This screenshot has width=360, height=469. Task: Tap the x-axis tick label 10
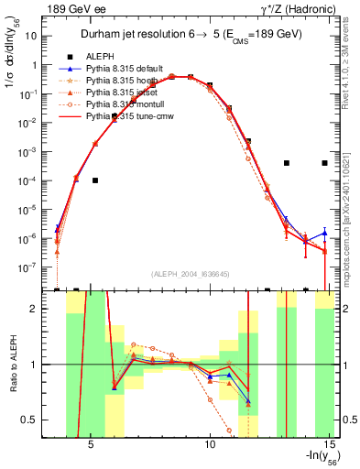click(210, 448)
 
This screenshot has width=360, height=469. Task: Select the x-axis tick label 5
click(91, 448)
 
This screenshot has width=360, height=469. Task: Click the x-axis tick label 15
click(329, 448)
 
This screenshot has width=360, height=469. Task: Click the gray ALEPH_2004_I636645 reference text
click(190, 275)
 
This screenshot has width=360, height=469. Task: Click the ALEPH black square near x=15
click(325, 163)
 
